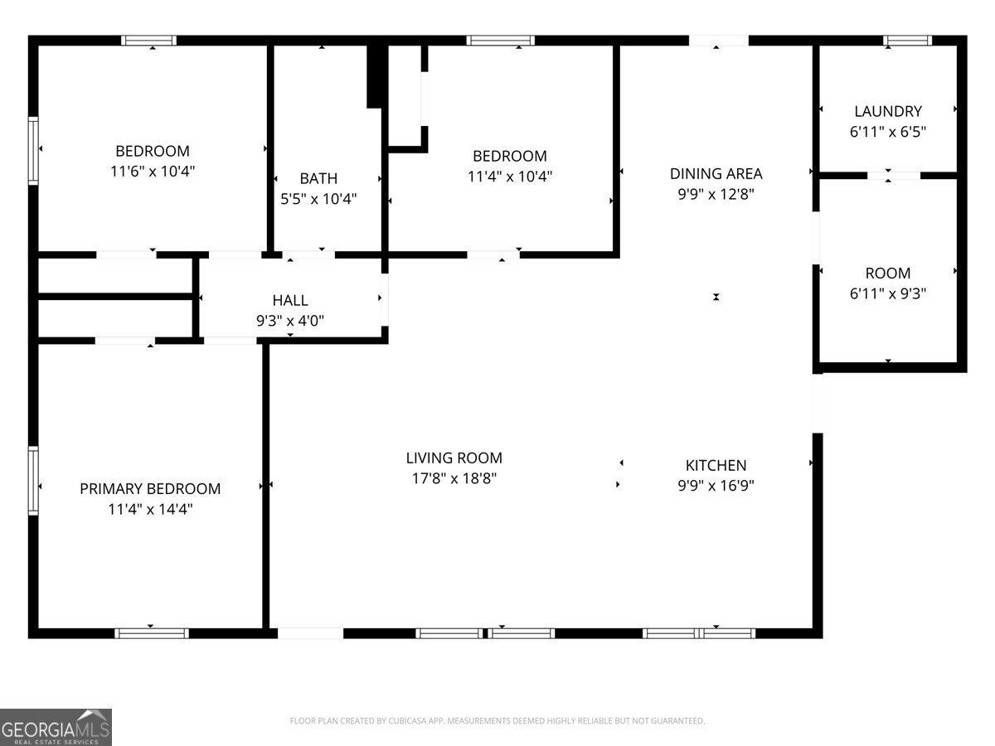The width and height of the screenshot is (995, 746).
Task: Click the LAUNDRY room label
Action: click(x=887, y=111)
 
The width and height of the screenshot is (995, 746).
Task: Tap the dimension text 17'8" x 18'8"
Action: click(x=454, y=478)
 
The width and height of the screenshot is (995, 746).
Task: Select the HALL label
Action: click(x=290, y=300)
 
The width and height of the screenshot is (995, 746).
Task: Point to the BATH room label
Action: click(x=318, y=178)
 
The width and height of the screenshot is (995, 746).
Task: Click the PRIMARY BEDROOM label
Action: click(x=150, y=489)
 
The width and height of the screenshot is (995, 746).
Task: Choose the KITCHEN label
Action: click(x=716, y=465)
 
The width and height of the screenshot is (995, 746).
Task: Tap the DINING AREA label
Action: click(x=716, y=173)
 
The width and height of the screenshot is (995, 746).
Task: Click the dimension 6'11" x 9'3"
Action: click(x=887, y=293)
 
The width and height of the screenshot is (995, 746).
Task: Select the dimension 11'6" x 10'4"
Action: click(x=152, y=171)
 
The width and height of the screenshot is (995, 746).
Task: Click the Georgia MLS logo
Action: click(x=56, y=727)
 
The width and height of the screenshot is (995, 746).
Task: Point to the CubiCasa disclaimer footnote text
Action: click(x=498, y=721)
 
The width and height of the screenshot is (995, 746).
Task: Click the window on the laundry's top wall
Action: click(x=907, y=40)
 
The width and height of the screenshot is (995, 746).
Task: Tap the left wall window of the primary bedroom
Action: click(x=33, y=481)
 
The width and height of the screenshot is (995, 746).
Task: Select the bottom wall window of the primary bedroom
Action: click(x=152, y=633)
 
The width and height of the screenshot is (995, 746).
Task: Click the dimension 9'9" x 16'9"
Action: click(x=716, y=485)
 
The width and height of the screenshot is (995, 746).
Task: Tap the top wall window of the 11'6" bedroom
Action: click(x=149, y=40)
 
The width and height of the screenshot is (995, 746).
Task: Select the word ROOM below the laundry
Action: click(x=887, y=273)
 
